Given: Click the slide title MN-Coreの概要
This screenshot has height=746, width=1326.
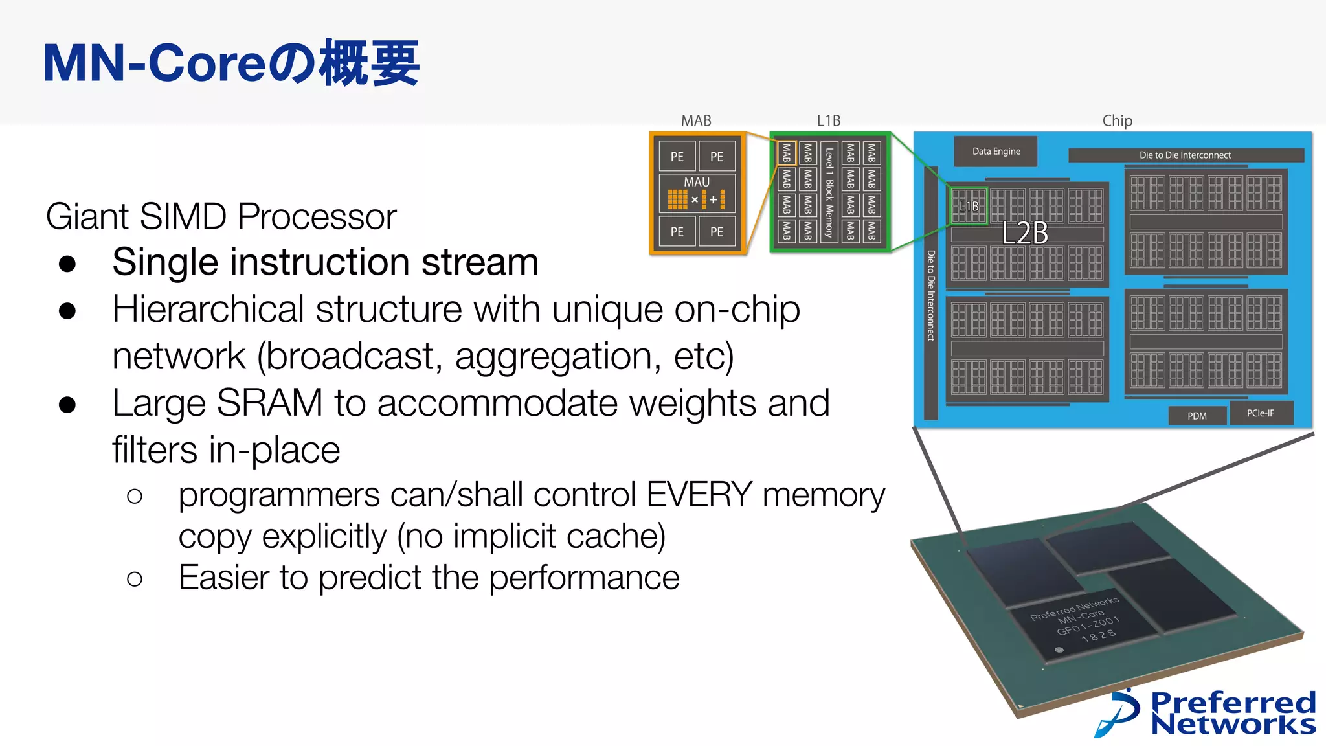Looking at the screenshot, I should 231,63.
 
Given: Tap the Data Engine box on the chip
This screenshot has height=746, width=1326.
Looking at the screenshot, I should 996,152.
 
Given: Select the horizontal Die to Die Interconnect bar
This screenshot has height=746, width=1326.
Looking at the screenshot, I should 1185,155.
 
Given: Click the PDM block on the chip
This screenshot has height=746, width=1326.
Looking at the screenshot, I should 1197,416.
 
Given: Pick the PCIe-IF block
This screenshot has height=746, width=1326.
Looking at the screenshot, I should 1260,413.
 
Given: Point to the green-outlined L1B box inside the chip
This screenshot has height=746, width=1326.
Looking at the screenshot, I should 969,206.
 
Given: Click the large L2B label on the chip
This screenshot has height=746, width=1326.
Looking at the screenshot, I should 1024,233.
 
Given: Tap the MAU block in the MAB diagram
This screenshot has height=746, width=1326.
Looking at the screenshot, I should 697,193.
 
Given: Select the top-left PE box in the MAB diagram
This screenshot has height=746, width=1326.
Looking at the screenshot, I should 677,157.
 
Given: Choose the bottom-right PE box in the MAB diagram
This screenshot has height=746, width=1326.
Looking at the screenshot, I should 716,232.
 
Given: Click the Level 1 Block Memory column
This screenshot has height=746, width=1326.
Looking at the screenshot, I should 829,192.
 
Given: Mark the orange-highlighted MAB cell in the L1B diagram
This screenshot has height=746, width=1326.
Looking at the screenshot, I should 786,153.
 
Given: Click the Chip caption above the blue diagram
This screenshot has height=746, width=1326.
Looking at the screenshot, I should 1117,120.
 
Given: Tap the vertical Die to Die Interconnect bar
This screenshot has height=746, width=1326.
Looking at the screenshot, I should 930,295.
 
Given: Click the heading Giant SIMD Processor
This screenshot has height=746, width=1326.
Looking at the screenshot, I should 221,216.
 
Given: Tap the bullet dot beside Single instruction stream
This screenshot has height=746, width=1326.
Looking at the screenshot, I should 67,264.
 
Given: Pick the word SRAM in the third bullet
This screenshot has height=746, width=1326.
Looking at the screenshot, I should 269,403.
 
